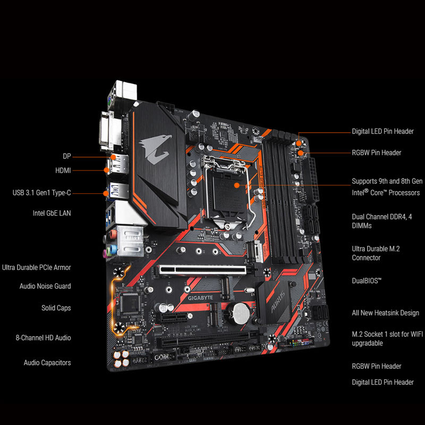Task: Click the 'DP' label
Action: point(67,157)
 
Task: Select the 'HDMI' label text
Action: point(63,171)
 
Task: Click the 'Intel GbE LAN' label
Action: point(52,213)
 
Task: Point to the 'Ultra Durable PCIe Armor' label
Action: point(37,268)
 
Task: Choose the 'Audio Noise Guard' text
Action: point(45,286)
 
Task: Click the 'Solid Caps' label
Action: point(56,308)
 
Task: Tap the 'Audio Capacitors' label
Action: point(47,363)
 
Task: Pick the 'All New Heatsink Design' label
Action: point(385,313)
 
